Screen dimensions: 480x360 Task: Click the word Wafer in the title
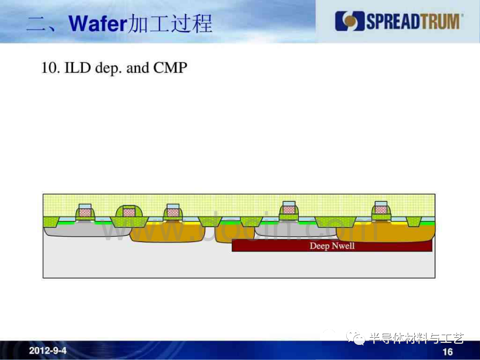point(97,23)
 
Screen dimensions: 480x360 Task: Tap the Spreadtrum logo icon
point(350,21)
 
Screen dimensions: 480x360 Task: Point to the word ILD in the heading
point(77,68)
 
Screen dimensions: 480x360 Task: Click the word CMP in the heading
point(170,68)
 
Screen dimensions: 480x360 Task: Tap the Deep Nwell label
point(332,246)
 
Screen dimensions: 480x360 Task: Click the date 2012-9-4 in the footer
point(48,350)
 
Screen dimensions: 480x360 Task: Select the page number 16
point(448,352)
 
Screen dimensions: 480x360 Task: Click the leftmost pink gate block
point(85,212)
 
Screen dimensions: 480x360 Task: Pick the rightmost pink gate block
point(381,209)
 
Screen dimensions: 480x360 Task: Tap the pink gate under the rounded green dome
point(129,212)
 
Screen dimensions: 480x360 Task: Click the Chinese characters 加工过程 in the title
point(170,23)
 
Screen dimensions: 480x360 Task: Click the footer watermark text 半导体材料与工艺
point(416,338)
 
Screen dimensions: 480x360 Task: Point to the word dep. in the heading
point(108,68)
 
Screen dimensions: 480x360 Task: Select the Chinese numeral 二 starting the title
point(36,24)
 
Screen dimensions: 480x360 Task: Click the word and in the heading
point(137,68)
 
